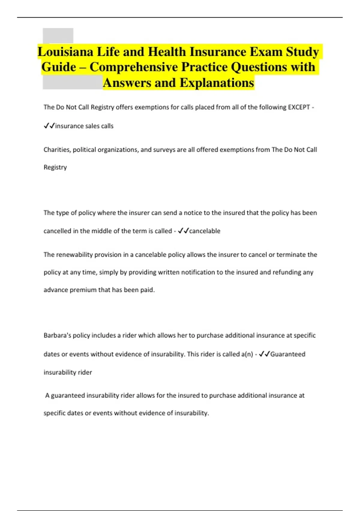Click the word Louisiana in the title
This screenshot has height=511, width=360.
[65, 52]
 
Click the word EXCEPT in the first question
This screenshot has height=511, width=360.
[298, 107]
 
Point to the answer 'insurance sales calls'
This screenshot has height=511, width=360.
[84, 126]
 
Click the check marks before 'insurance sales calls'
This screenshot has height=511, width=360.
[49, 126]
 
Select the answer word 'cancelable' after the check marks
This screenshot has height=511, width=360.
[205, 231]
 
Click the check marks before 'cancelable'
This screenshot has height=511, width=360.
[183, 231]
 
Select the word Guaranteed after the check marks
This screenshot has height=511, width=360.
[288, 354]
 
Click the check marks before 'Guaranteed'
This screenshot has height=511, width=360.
[264, 354]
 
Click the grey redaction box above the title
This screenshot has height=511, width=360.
[58, 35]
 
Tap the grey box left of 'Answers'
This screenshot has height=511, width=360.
[72, 82]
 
